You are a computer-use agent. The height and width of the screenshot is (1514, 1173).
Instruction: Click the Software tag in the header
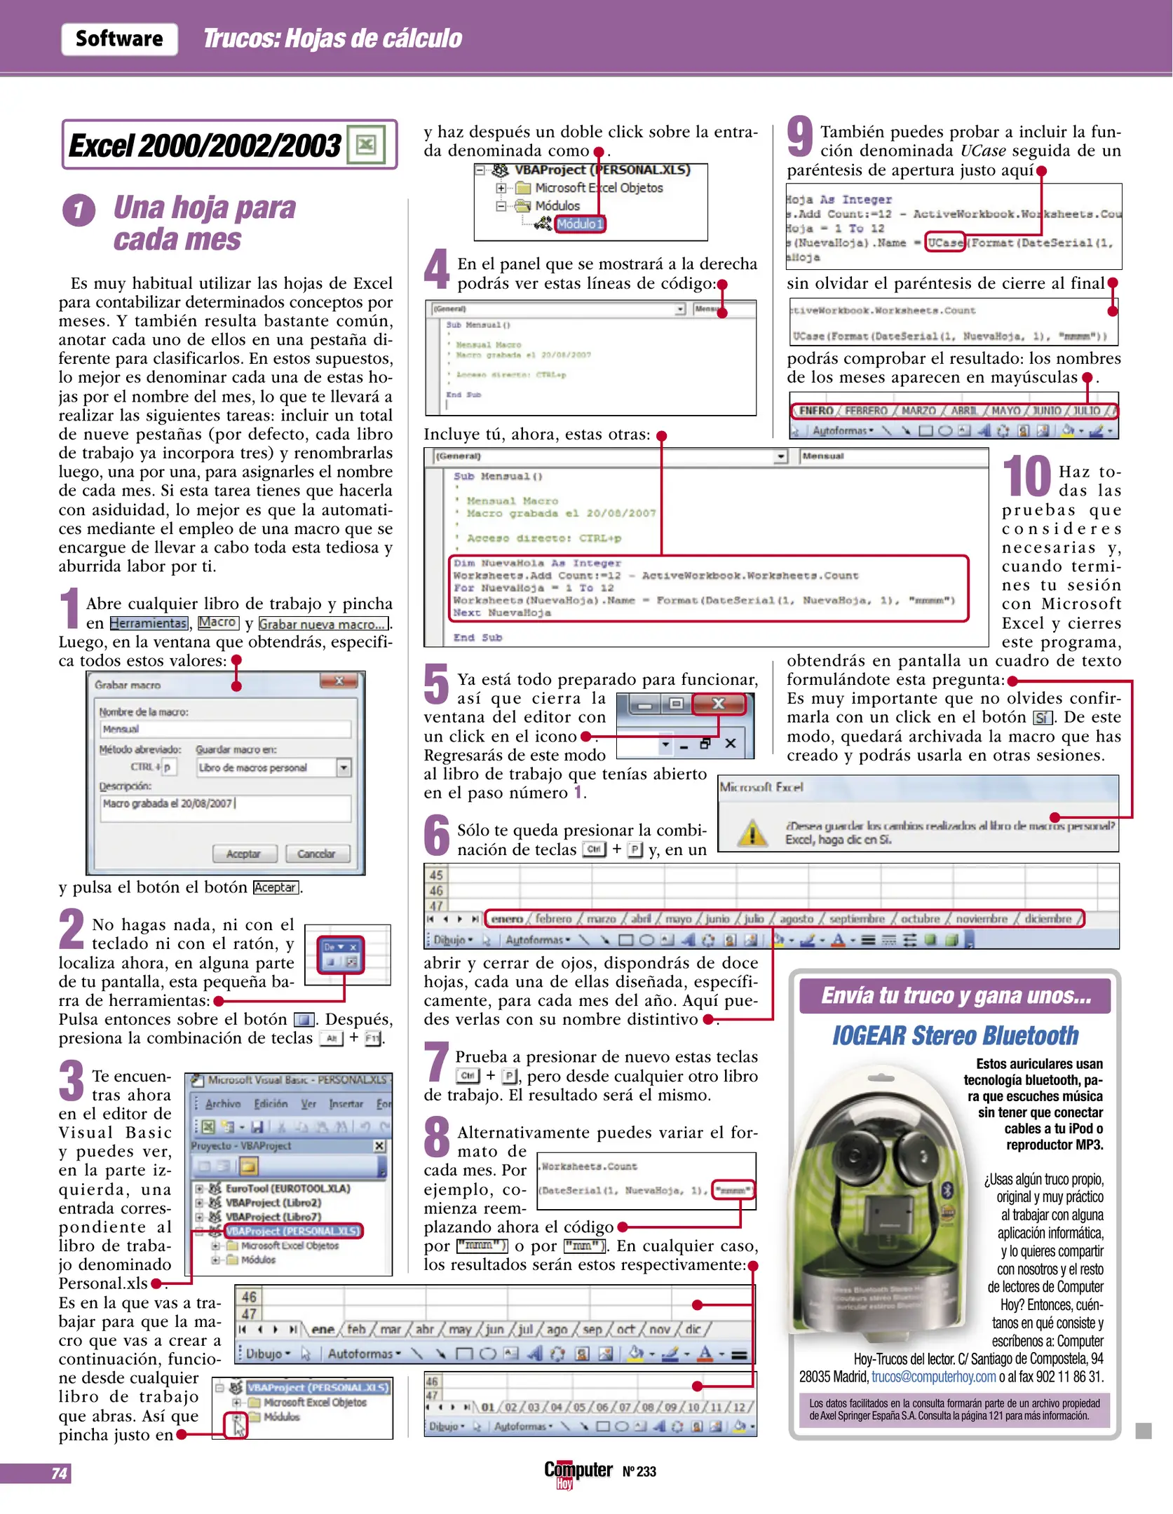[x=119, y=39]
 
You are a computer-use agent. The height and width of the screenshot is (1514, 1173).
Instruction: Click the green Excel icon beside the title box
[x=366, y=145]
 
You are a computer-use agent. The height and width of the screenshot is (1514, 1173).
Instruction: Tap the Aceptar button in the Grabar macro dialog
[x=243, y=854]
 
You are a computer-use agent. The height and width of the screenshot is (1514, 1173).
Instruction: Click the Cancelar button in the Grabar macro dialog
[x=316, y=854]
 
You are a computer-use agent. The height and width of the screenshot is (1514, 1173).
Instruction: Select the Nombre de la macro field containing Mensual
[x=224, y=729]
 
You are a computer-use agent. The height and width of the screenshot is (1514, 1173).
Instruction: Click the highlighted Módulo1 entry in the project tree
[x=579, y=224]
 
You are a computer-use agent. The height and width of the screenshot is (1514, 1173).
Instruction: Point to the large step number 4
[x=437, y=269]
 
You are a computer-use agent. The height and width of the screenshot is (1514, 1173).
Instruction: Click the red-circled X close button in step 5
[x=719, y=704]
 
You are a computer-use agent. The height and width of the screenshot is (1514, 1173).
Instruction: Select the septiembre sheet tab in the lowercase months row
[x=857, y=919]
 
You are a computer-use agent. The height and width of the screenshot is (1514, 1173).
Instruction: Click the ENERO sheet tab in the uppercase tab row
[x=816, y=411]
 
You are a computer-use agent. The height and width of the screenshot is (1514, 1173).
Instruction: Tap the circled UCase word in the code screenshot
[x=945, y=243]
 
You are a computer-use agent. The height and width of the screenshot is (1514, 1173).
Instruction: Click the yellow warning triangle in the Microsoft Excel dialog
[x=752, y=833]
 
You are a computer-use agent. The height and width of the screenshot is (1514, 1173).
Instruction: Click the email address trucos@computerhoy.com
[x=933, y=1377]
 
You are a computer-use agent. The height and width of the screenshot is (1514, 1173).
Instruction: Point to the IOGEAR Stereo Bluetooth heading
[x=955, y=1035]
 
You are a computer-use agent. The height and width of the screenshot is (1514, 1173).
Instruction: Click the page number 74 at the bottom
[x=59, y=1473]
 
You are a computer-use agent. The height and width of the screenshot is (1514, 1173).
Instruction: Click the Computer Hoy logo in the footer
[x=578, y=1472]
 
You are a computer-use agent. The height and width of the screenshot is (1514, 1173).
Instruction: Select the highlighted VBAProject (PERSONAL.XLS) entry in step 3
[x=293, y=1231]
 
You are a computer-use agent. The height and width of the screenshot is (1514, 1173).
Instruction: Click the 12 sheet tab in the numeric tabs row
[x=739, y=1407]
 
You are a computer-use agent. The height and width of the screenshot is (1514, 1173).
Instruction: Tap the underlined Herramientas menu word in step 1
[x=149, y=623]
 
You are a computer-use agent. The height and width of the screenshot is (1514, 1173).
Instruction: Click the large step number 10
[x=1026, y=477]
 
